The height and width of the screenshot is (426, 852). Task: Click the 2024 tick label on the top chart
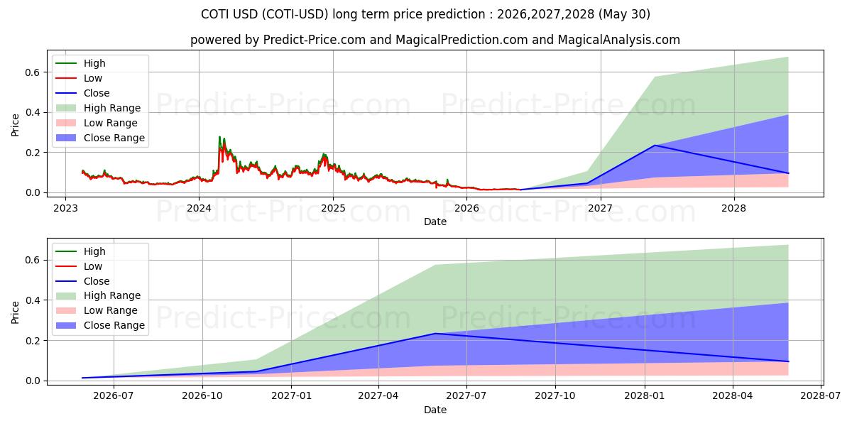click(x=199, y=209)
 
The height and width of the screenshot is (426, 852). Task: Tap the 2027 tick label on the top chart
click(x=601, y=209)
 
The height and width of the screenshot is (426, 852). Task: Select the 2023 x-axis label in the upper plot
click(x=65, y=209)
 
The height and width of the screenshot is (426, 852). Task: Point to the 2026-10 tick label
click(x=202, y=396)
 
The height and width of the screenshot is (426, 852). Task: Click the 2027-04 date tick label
click(x=378, y=396)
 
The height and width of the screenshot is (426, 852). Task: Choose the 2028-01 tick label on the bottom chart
click(x=645, y=396)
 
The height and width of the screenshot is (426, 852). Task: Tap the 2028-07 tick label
click(x=821, y=396)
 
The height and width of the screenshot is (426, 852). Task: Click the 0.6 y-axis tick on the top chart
click(x=33, y=72)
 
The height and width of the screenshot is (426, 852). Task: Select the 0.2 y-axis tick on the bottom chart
click(x=33, y=340)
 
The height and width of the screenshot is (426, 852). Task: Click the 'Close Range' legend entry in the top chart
click(x=100, y=138)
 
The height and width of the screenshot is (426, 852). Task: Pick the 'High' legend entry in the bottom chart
click(x=81, y=251)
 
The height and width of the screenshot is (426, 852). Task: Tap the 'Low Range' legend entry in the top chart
click(x=97, y=123)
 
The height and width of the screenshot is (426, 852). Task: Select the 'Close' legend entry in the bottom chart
click(x=82, y=281)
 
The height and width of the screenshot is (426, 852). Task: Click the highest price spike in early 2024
click(x=219, y=136)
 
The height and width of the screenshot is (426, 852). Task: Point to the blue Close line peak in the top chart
click(x=655, y=146)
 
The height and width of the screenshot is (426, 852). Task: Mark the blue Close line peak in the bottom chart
click(x=435, y=334)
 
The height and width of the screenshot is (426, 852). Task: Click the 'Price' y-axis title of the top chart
click(x=15, y=125)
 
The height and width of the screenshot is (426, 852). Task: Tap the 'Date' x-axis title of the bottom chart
click(x=435, y=410)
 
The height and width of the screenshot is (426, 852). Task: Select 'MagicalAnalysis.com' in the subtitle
click(x=619, y=40)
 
